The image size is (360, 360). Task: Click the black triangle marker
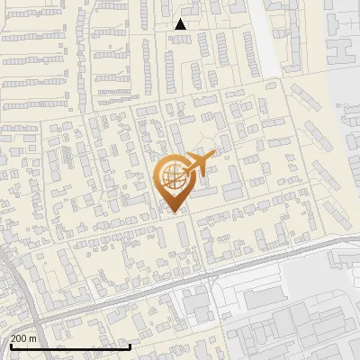click(181, 24)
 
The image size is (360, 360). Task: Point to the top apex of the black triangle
click(181, 19)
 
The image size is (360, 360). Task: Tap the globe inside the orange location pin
click(172, 175)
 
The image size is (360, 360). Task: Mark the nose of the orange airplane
click(214, 155)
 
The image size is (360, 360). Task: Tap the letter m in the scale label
click(32, 338)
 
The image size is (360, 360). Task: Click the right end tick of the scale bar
click(130, 346)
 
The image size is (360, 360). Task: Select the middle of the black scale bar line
click(70, 347)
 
